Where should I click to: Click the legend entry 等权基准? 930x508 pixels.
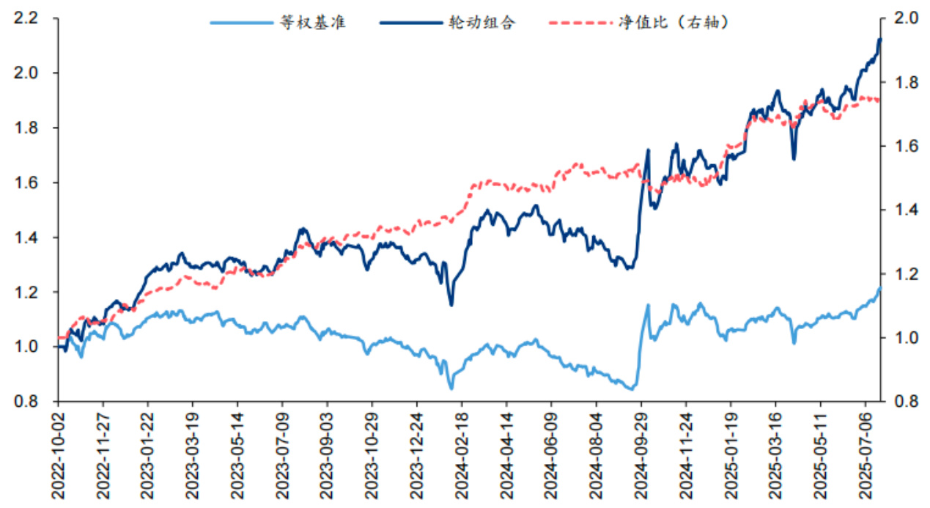(x=316, y=23)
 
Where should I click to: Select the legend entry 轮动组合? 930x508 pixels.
(x=483, y=23)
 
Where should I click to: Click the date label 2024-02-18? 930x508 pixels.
(x=462, y=455)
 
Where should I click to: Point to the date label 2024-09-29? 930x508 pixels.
(x=641, y=455)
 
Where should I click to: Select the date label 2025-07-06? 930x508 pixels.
(x=866, y=455)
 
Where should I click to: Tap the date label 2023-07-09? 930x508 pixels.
(x=281, y=455)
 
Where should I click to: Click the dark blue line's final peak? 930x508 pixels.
(x=879, y=40)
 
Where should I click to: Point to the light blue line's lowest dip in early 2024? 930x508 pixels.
(x=451, y=389)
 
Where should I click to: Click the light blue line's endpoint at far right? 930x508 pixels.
(x=880, y=288)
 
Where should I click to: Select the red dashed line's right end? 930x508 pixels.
(x=879, y=100)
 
